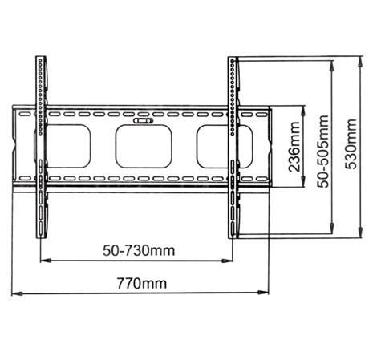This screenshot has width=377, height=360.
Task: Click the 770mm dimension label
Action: coord(141,283)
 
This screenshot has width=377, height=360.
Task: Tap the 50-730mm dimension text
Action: coord(139,251)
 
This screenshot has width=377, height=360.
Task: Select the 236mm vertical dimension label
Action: coord(294,147)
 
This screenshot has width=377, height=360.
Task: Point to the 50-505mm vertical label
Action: coord(322,152)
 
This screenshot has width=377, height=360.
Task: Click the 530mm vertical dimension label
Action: coord(351,144)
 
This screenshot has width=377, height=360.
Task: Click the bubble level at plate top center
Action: coord(144,121)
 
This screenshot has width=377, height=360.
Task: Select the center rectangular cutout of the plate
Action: coord(144,147)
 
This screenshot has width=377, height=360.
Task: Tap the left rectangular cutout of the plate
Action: coord(68,147)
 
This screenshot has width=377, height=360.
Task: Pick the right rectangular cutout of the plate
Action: coord(225,147)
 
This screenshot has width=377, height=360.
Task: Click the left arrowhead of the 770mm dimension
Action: coord(17,293)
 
